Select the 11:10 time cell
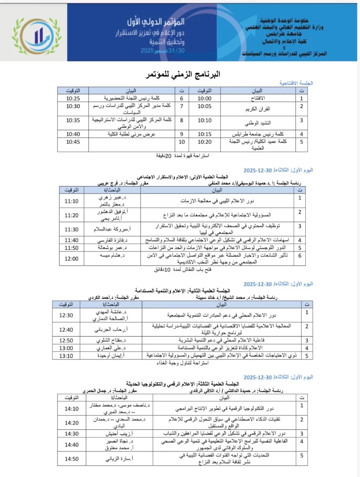point(72,201)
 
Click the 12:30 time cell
point(66,315)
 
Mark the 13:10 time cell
point(66,355)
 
